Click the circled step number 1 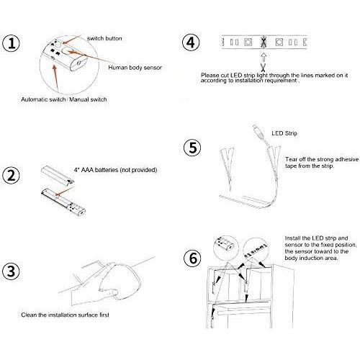(11, 43)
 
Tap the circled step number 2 (11, 175)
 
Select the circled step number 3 (11, 271)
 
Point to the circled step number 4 (191, 42)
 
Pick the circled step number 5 (193, 148)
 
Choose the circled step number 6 (193, 258)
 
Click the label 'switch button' (104, 38)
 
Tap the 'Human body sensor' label (135, 68)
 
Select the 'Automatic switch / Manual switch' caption (64, 99)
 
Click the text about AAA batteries (115, 170)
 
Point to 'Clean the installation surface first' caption (65, 315)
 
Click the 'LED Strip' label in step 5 (284, 133)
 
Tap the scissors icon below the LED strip (264, 67)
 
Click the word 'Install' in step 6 (293, 238)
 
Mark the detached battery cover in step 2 (58, 176)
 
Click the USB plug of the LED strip (258, 130)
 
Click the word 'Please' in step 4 (210, 76)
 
